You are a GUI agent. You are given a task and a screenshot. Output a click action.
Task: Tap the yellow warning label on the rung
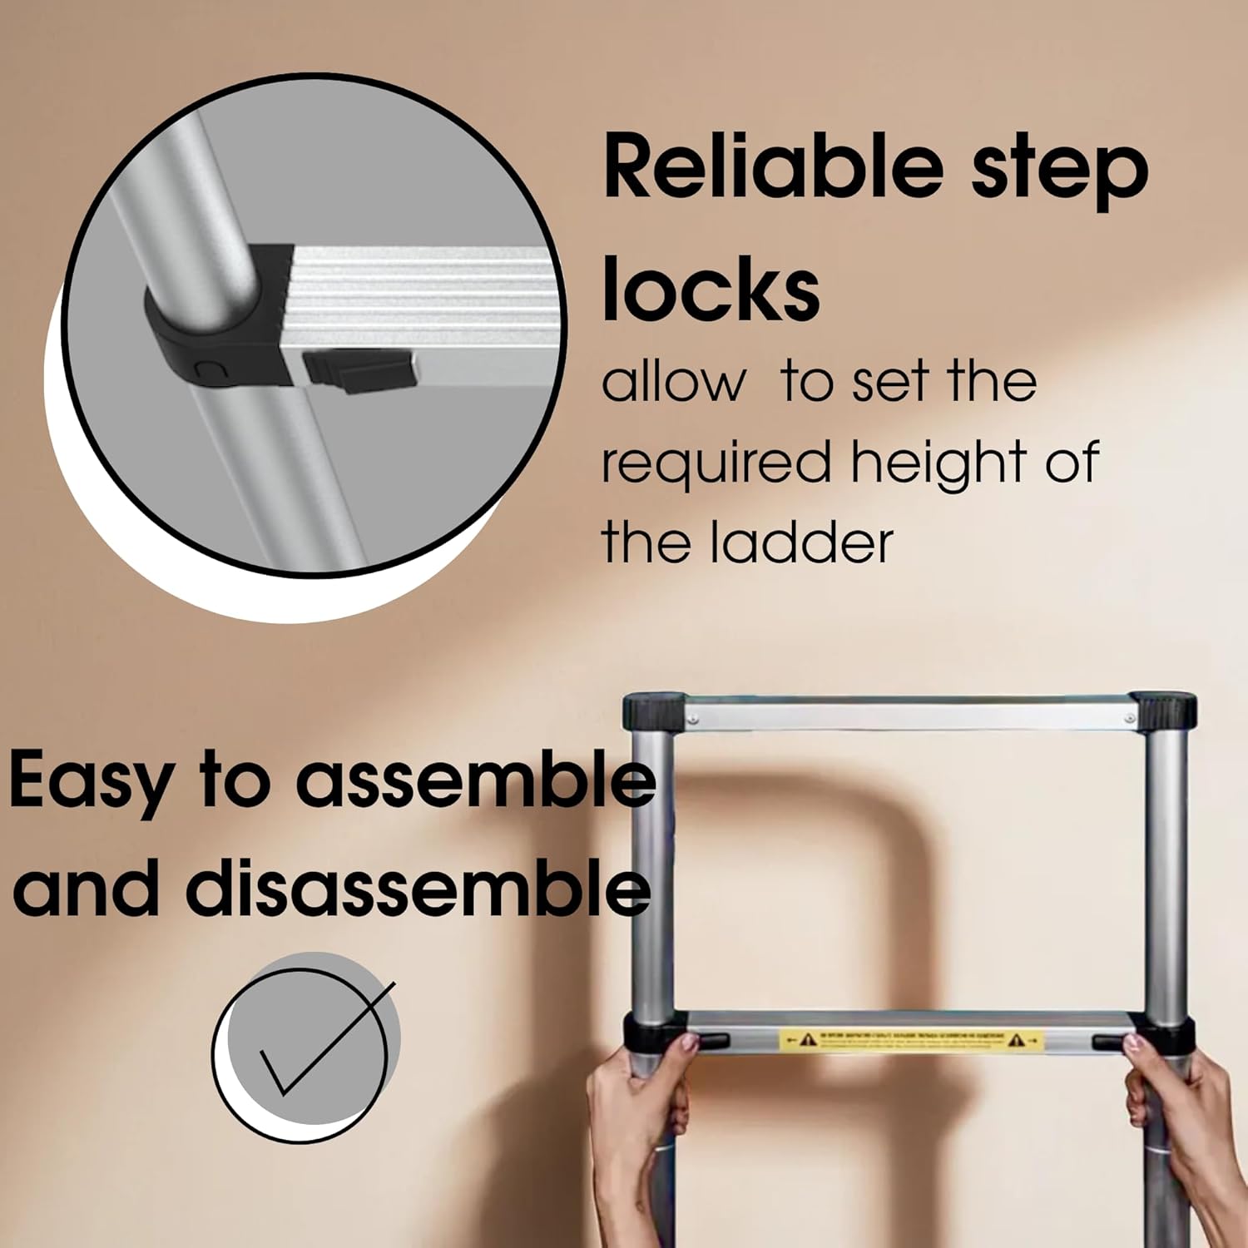[910, 1040]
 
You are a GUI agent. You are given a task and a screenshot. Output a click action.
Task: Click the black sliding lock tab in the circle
[360, 368]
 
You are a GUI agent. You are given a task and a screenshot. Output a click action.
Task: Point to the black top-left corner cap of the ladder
[653, 711]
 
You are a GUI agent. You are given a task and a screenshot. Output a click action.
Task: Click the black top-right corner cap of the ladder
[1164, 711]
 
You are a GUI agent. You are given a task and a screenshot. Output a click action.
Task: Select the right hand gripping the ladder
[1181, 1115]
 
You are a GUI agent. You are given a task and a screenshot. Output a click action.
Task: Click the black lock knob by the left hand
[712, 1041]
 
